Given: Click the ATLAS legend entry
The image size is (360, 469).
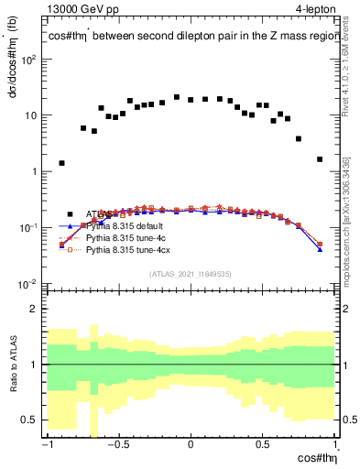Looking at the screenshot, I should (x=101, y=213).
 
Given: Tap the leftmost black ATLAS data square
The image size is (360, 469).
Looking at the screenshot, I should (x=61, y=163).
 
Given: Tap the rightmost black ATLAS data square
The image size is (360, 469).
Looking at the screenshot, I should (x=320, y=159).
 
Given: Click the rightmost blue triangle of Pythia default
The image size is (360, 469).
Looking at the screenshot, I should (x=320, y=248).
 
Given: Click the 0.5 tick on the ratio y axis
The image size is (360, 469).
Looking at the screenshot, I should (x=34, y=420).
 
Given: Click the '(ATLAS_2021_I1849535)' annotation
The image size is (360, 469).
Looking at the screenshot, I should (x=191, y=274).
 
